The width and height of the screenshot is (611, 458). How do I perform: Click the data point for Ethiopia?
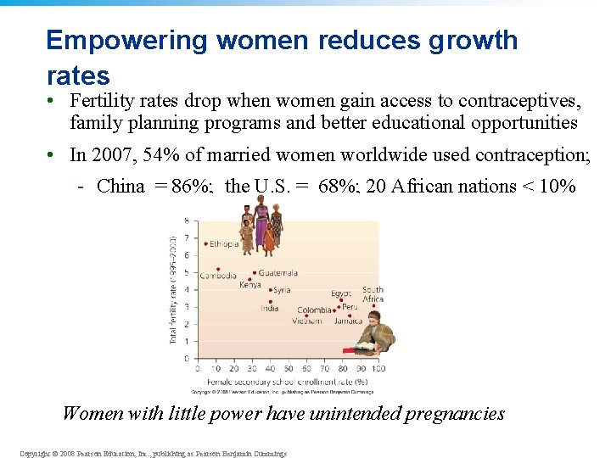[206, 243]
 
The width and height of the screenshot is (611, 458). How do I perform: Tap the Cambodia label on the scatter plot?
[217, 276]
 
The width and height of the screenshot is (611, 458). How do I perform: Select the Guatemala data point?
[254, 273]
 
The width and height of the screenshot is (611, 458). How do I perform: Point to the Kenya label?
[250, 285]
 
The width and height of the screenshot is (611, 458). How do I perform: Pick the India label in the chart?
[269, 308]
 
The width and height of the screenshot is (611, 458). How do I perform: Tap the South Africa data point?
[373, 306]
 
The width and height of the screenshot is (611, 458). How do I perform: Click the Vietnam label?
[307, 321]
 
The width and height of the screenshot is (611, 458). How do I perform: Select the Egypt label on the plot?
[340, 293]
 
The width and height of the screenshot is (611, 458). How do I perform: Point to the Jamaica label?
[348, 321]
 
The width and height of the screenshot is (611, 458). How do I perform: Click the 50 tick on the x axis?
[289, 369]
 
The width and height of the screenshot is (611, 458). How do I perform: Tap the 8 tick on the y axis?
[187, 221]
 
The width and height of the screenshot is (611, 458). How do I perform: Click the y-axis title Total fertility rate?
[175, 288]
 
